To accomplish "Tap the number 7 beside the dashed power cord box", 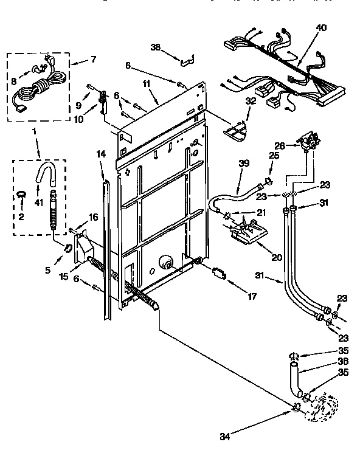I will coord(93,60).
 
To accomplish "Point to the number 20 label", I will coord(277,240).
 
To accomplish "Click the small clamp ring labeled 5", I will coord(69,247).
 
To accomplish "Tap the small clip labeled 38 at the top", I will coord(187,60).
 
